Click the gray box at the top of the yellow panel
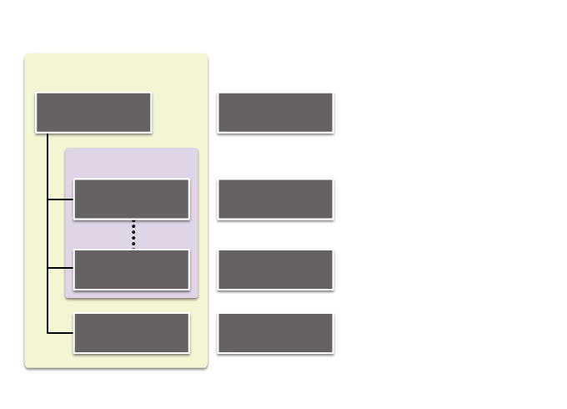coord(93,112)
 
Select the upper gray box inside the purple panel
coord(132,199)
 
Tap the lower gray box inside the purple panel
coord(132,269)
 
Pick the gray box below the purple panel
coord(132,332)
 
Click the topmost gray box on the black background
coord(275,112)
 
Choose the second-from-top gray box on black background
coord(275,199)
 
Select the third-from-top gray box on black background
coord(275,269)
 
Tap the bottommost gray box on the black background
coord(275,332)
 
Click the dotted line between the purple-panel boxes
coord(133,234)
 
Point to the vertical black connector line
coord(48,234)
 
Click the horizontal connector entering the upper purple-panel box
coord(60,199)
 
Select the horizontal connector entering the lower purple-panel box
coord(60,268)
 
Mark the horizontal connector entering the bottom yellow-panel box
coord(60,332)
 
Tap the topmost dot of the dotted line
coord(133,222)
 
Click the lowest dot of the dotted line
coord(133,246)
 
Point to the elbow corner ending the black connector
coord(48,332)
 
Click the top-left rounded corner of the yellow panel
coord(28,56)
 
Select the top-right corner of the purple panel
coord(196,151)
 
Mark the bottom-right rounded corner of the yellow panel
coord(204,365)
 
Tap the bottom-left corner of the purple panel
coord(68,295)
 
